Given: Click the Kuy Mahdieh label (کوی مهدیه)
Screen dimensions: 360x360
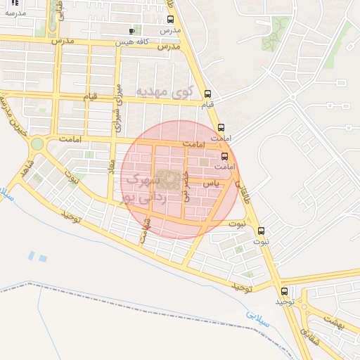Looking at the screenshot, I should tap(163, 91).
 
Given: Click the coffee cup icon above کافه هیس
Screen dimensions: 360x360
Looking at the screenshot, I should tap(131, 31).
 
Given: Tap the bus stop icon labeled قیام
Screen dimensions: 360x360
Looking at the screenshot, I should tap(207, 94).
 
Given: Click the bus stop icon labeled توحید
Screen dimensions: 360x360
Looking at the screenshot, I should tap(284, 291).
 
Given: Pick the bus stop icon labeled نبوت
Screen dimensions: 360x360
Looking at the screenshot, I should tap(262, 231).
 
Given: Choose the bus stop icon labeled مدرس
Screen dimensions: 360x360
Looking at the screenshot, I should tap(170, 20).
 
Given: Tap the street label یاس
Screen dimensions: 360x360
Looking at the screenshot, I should tap(211, 183).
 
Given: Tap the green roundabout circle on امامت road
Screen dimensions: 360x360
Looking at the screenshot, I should tap(37, 144).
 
